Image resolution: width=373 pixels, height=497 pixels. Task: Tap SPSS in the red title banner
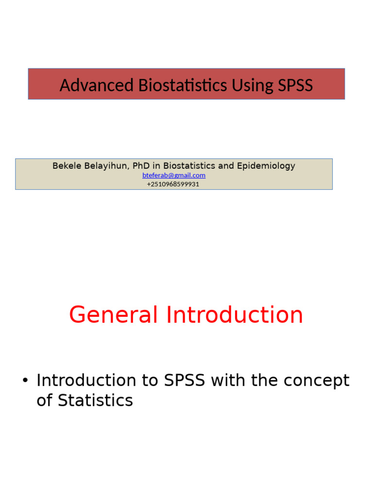click(x=295, y=85)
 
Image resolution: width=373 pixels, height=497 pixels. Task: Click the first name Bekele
click(x=67, y=166)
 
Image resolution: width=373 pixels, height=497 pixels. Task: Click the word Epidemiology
click(x=266, y=166)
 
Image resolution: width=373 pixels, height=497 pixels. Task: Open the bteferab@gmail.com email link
click(x=174, y=175)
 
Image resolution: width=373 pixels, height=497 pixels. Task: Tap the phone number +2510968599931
click(x=173, y=184)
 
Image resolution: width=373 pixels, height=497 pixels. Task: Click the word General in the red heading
click(x=113, y=315)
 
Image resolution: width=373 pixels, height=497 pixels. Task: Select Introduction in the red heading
click(x=235, y=315)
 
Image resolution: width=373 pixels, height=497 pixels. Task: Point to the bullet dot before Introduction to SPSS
click(x=25, y=381)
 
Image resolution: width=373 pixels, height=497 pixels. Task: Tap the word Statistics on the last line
click(x=95, y=401)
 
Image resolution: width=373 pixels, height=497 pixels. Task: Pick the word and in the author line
click(x=226, y=166)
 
